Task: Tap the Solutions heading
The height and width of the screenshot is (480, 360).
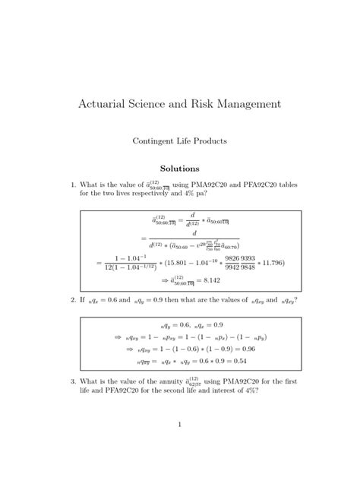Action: coord(179,168)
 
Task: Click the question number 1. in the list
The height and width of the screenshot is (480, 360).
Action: coord(73,184)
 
